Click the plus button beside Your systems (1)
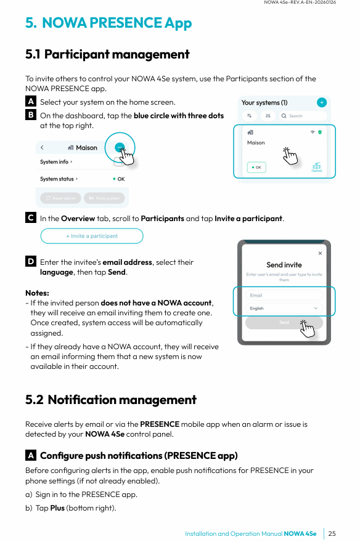322,102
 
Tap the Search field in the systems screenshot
303,116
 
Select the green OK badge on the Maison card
256,168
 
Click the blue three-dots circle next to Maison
120,148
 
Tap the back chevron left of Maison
42,148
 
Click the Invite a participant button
92,236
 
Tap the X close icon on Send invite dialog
320,253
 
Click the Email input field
284,295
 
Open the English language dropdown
284,308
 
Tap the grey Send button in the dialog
284,323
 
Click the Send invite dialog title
284,265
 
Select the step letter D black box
31,261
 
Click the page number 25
332,533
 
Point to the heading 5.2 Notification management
111,400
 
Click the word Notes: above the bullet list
38,293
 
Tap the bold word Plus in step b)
57,508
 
